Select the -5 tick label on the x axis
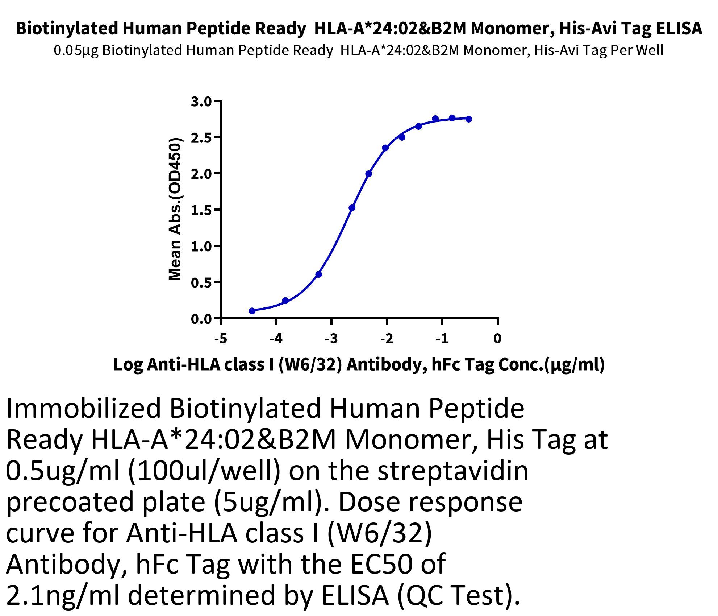pos(221,338)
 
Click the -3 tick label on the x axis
pos(331,338)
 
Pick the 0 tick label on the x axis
pos(497,338)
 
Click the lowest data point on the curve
pos(252,311)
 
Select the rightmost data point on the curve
pos(469,119)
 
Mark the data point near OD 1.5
pos(352,208)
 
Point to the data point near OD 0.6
pos(319,274)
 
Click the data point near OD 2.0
pos(369,174)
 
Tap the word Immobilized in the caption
pos(84,408)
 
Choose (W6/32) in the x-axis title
pos(310,365)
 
